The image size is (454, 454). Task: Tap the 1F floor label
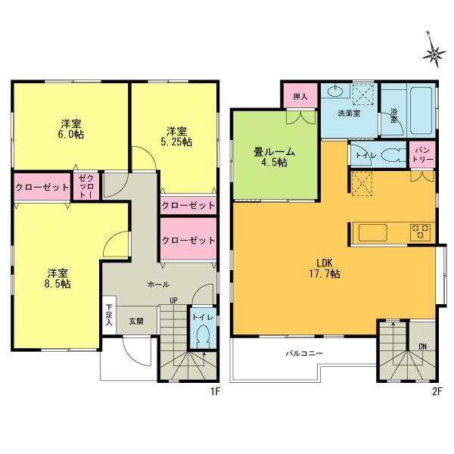[x=214, y=392]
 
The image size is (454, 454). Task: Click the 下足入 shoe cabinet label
[x=109, y=313]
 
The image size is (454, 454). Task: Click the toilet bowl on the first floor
[x=202, y=337]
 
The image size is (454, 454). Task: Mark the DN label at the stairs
[x=422, y=347]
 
